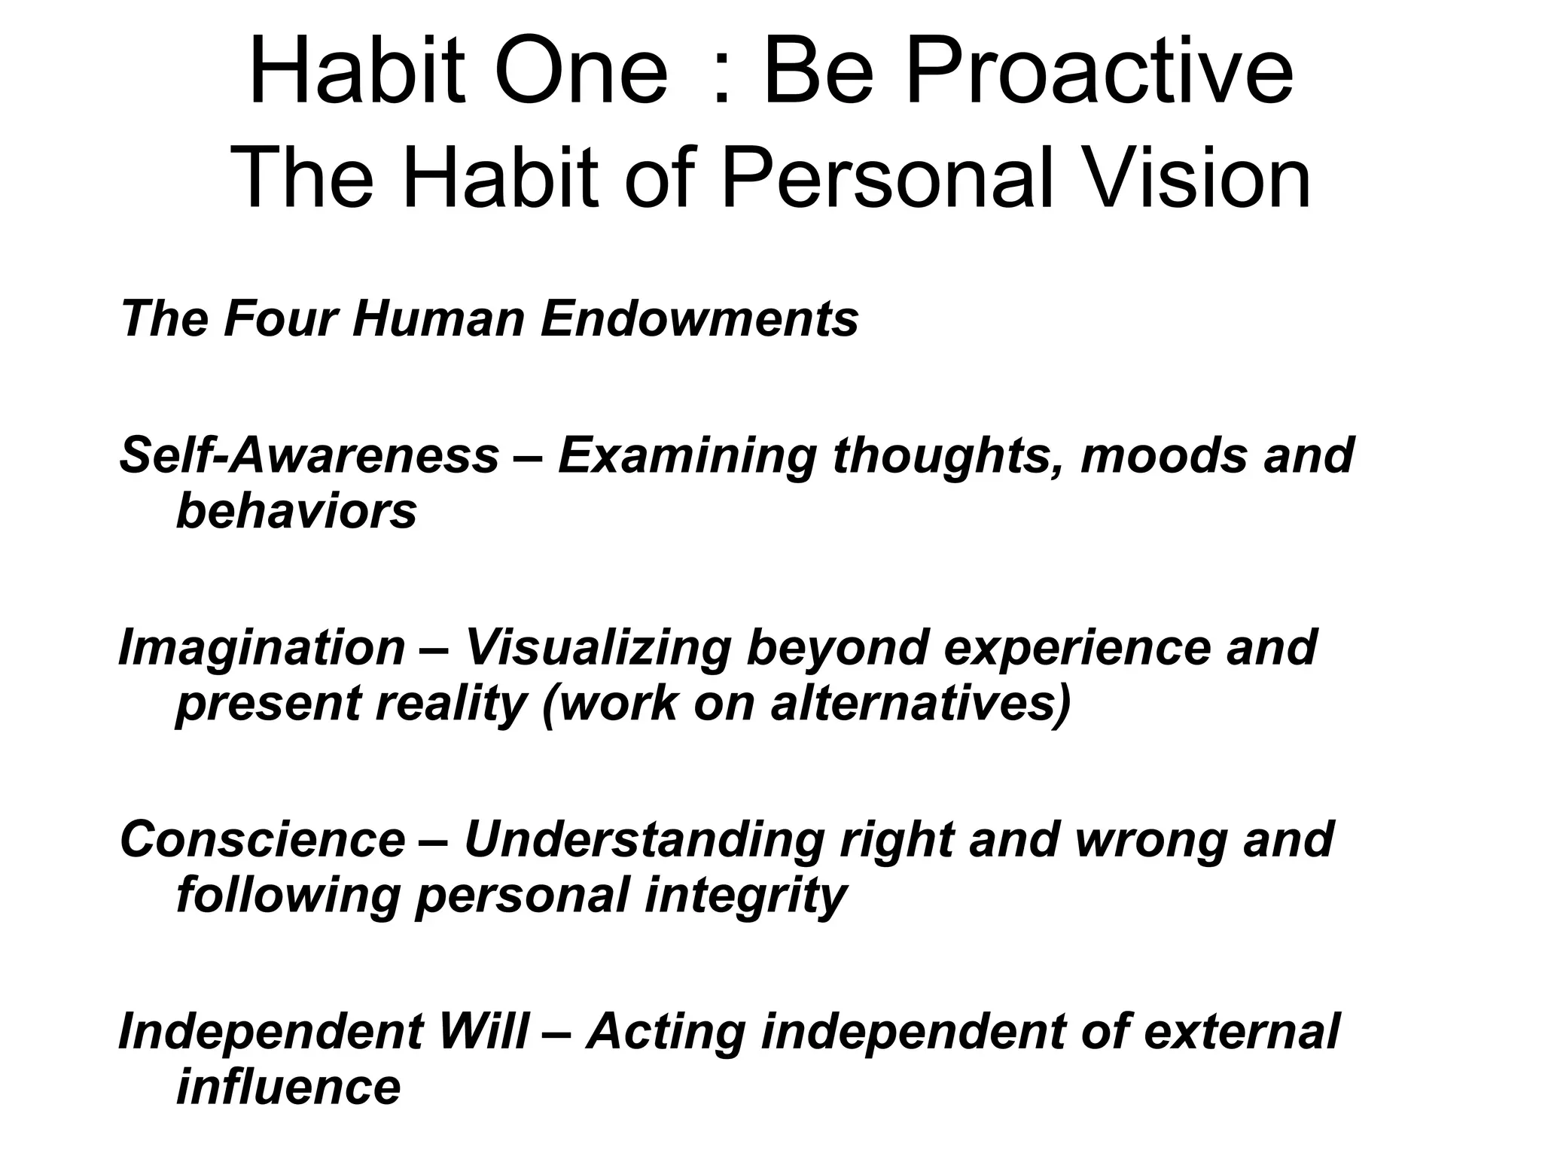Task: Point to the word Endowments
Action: (x=699, y=318)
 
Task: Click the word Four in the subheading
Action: (x=279, y=318)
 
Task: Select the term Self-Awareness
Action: (x=309, y=456)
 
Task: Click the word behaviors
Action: (x=296, y=512)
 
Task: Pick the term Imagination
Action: (x=262, y=647)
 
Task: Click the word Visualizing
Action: (x=597, y=649)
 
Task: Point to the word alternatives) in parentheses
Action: (x=920, y=704)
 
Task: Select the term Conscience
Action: (x=262, y=839)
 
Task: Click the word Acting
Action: (x=666, y=1033)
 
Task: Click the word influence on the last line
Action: (x=288, y=1088)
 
